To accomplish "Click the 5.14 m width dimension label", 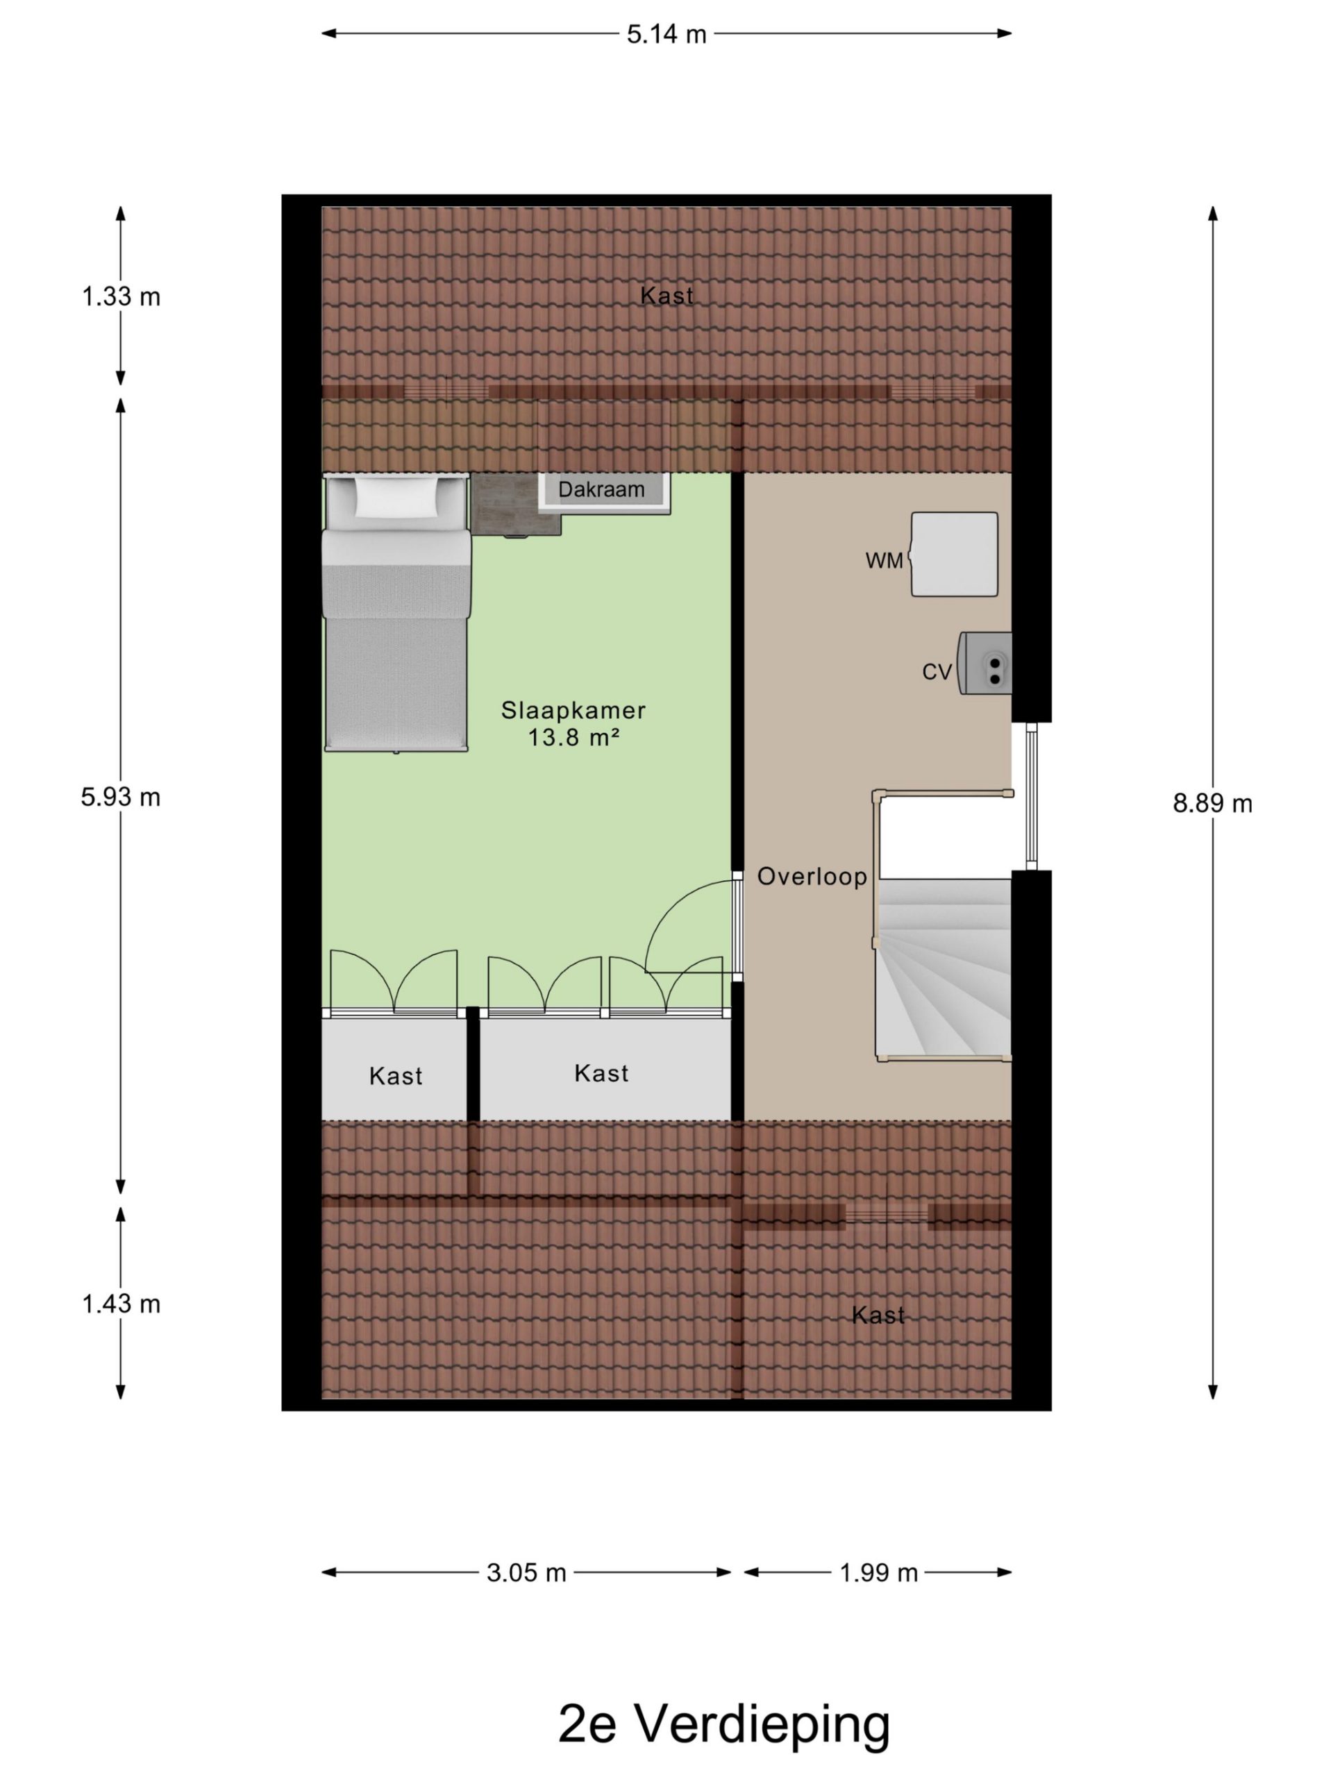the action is coord(666,35).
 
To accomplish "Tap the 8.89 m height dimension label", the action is coord(1212,803).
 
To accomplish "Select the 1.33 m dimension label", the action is coord(121,297).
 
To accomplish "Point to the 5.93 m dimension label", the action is coord(121,797).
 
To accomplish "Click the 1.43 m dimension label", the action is coord(121,1303).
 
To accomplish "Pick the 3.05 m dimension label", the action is coord(526,1572).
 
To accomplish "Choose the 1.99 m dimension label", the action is coord(878,1572).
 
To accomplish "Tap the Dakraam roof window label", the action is coord(601,489).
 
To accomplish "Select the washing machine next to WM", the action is coord(954,555).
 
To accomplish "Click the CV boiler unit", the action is coord(984,663).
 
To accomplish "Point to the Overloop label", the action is coord(812,877).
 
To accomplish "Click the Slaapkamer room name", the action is coord(573,710).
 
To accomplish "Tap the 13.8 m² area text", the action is coord(573,736).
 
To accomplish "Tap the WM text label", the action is coord(884,561).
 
